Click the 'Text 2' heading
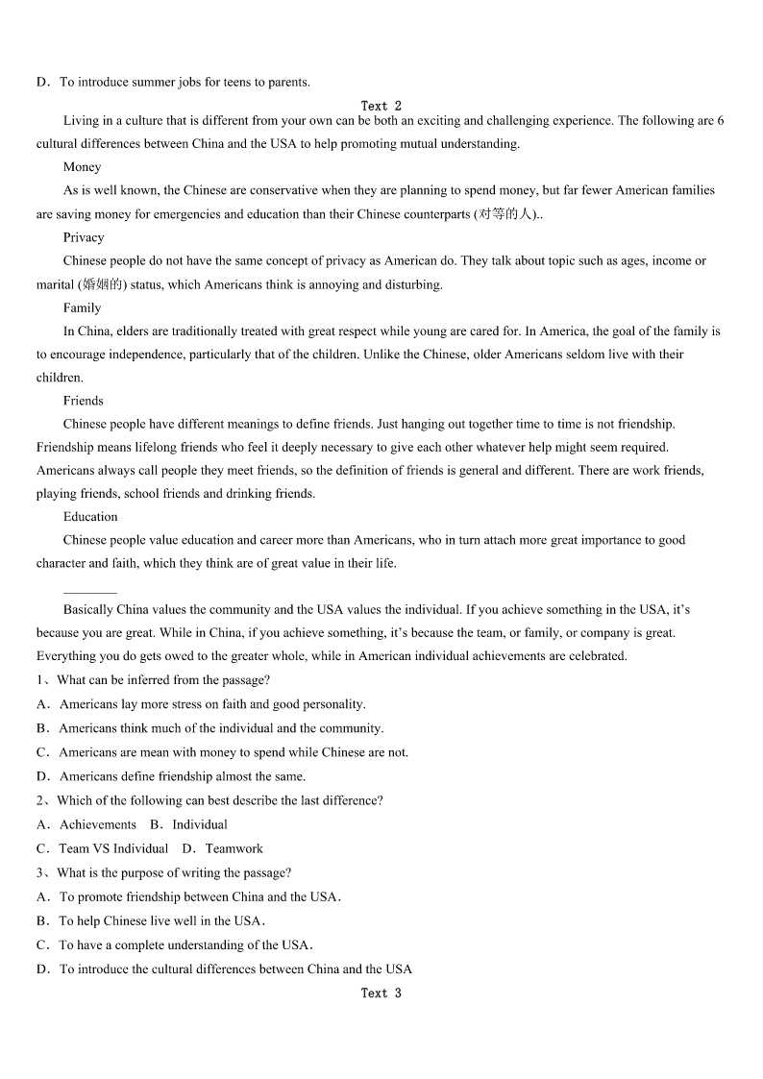click(381, 106)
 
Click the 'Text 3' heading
click(381, 993)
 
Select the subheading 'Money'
click(82, 167)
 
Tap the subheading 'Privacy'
click(84, 237)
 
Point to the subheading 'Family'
click(82, 307)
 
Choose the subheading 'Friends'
click(83, 401)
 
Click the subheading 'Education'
click(90, 517)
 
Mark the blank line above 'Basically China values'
click(89, 591)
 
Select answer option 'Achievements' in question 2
click(98, 824)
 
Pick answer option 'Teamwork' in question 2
click(234, 848)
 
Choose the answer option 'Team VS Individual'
click(113, 848)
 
